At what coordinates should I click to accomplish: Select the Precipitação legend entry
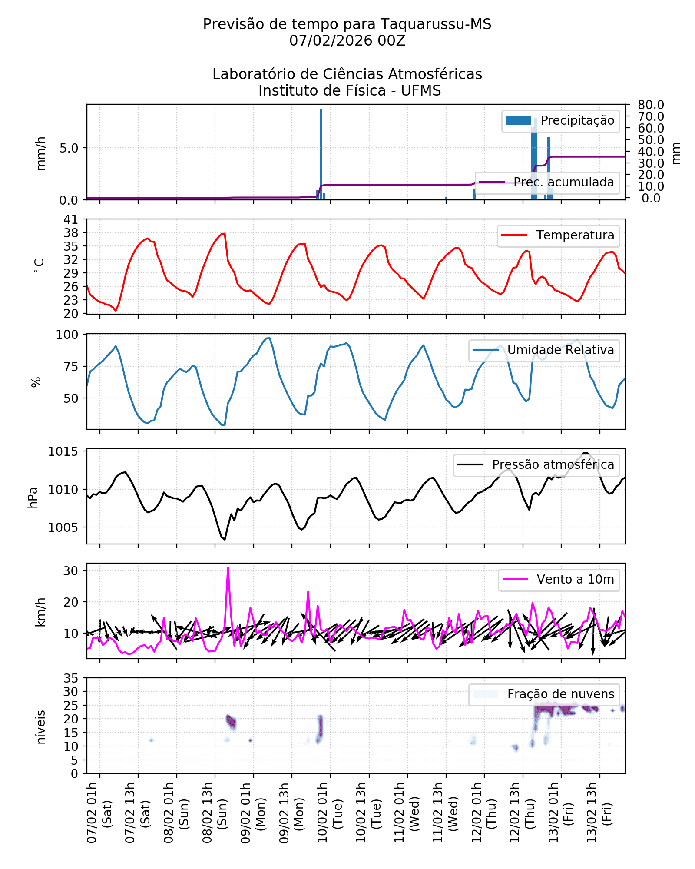pos(560,121)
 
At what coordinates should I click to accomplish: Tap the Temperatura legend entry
pos(558,235)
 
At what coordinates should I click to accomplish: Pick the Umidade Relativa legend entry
pos(544,350)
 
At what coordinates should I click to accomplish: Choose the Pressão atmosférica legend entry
pos(536,465)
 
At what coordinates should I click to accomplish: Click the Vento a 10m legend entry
pos(559,580)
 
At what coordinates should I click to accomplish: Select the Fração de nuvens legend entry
pos(544,694)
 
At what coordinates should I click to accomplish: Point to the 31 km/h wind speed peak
pos(228,568)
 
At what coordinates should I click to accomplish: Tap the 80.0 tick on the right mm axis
pos(651,105)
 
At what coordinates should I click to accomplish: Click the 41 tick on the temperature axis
pos(71,219)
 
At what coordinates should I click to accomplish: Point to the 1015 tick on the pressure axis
pos(63,452)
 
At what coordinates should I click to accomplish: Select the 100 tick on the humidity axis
pos(67,335)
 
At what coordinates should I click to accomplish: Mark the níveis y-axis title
pos(41,727)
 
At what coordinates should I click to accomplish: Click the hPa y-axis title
pos(33,498)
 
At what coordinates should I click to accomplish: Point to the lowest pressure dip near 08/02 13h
pos(225,540)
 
